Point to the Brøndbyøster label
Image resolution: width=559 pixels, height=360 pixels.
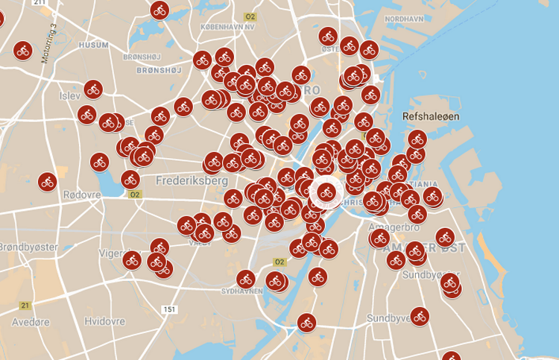[27, 245]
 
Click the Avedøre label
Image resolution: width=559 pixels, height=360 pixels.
[31, 321]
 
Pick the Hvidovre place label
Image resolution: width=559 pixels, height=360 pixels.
[104, 321]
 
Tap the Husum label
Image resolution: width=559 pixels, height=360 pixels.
[93, 45]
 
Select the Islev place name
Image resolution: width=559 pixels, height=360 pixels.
[71, 97]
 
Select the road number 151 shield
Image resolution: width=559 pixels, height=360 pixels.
[171, 309]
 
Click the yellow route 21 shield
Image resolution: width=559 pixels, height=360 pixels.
[25, 306]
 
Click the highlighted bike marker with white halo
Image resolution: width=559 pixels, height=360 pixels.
[326, 192]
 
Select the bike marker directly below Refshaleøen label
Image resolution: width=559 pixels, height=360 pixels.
[417, 139]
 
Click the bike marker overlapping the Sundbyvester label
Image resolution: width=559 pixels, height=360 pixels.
[420, 316]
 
